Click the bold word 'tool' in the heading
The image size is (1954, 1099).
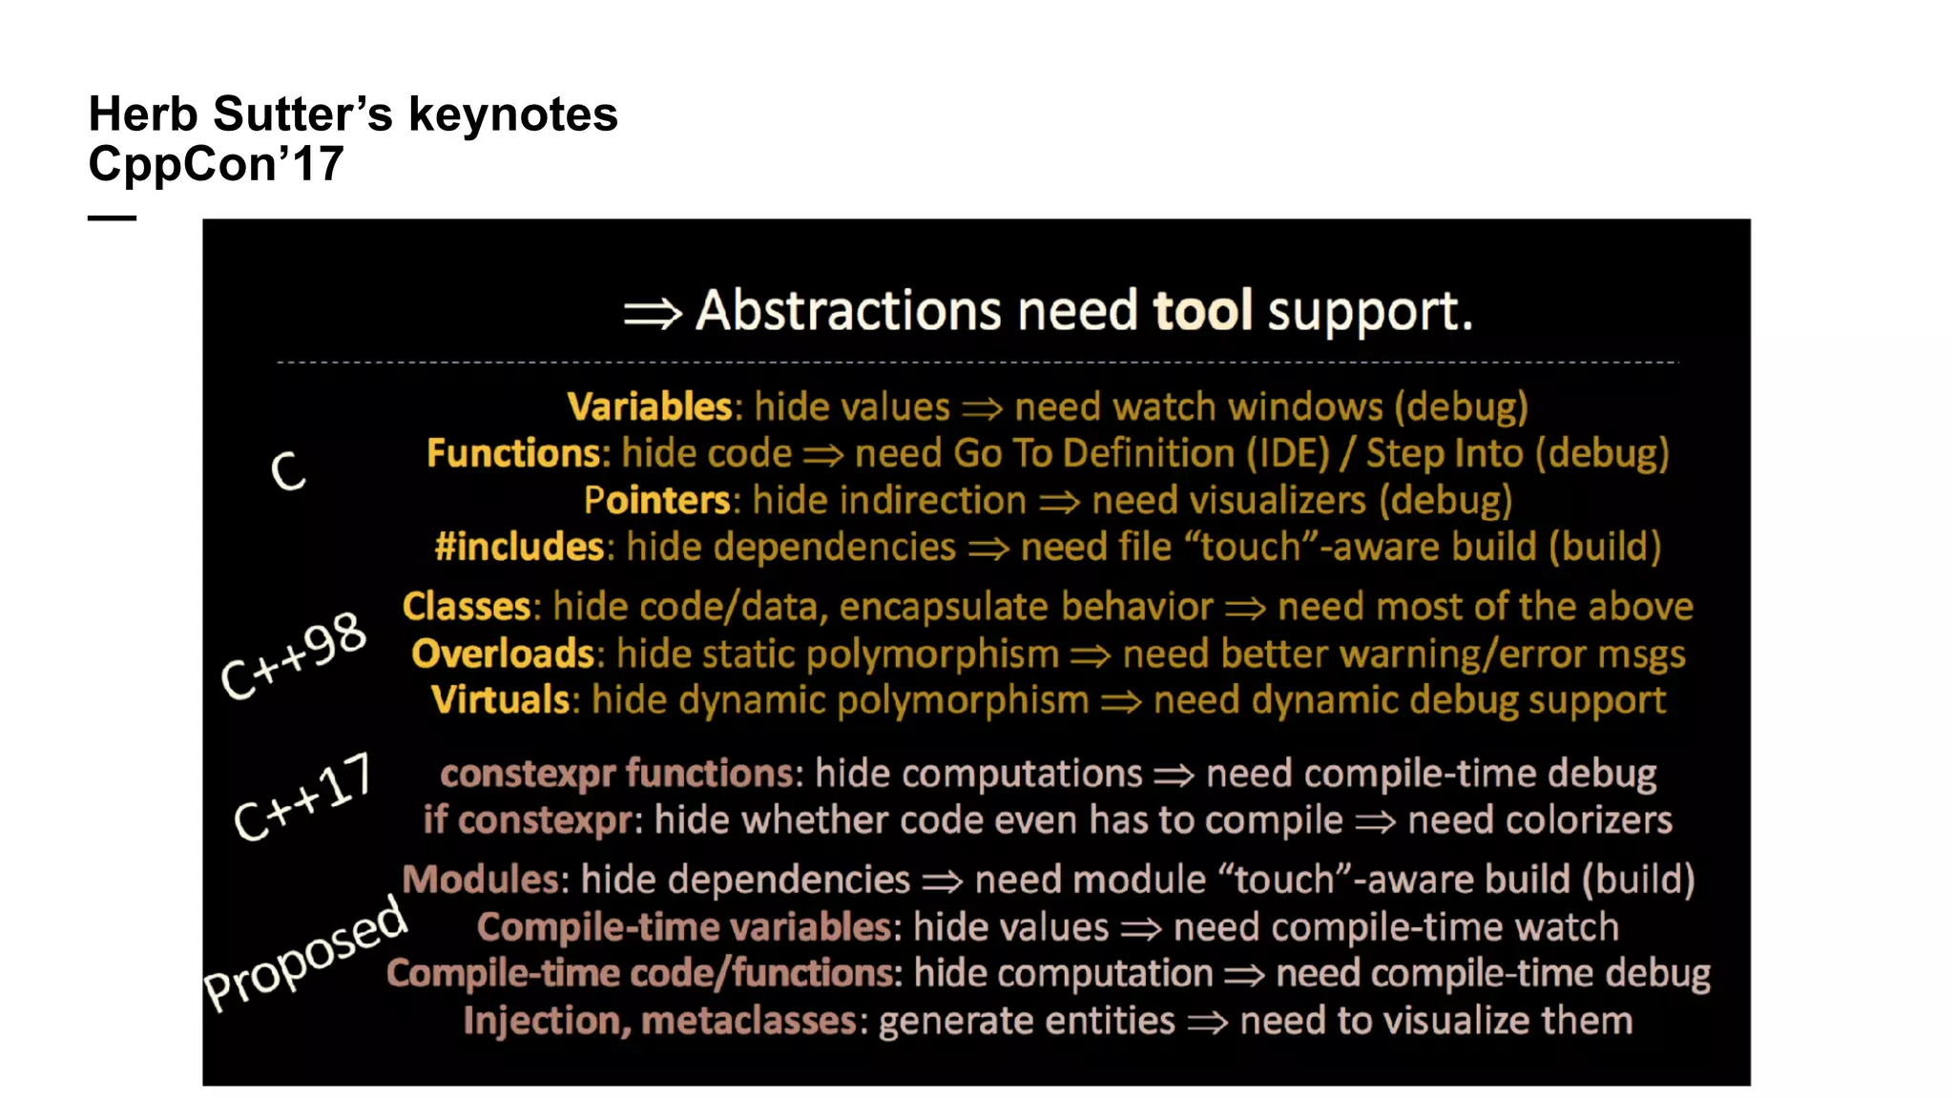(1201, 311)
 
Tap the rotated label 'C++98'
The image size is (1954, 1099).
(293, 655)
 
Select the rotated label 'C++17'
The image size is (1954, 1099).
(302, 797)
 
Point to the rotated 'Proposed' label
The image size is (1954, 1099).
(305, 953)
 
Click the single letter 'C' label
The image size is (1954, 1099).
(288, 471)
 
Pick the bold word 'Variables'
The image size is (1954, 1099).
(649, 407)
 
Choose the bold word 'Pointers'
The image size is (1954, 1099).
(656, 501)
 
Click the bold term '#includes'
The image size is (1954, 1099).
(518, 548)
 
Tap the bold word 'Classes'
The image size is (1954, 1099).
(466, 607)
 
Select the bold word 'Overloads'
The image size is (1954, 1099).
(503, 654)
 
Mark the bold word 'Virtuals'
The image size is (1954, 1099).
(500, 700)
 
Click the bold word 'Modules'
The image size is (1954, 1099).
(479, 880)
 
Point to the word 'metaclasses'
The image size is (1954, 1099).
(749, 1021)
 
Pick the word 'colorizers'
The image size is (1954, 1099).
(1539, 820)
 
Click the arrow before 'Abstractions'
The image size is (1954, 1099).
(653, 313)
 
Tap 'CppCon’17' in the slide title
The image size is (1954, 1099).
(216, 164)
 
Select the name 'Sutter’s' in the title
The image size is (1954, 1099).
(302, 114)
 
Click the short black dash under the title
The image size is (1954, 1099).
(112, 218)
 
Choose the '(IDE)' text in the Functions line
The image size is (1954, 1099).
(1287, 454)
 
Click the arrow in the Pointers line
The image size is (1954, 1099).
(1059, 502)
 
